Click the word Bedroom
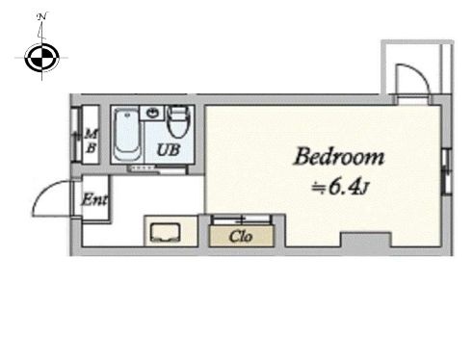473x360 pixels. click(339, 157)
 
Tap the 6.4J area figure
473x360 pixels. click(349, 188)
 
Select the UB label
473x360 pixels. click(169, 149)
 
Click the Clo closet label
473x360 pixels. click(241, 237)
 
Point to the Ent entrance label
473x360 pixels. click(94, 199)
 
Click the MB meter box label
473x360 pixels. click(92, 141)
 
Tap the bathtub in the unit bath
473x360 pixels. click(127, 135)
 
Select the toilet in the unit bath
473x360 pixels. click(178, 122)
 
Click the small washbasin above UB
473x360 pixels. click(152, 113)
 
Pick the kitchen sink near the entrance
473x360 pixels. click(165, 232)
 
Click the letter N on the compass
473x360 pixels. click(42, 16)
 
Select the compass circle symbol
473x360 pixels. click(42, 58)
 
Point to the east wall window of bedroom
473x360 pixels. click(447, 171)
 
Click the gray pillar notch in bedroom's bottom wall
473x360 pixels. click(366, 240)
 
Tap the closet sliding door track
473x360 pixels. click(241, 219)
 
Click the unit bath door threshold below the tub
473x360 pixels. click(157, 168)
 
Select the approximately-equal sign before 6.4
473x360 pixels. click(319, 188)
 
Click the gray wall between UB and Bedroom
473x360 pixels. click(199, 138)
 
